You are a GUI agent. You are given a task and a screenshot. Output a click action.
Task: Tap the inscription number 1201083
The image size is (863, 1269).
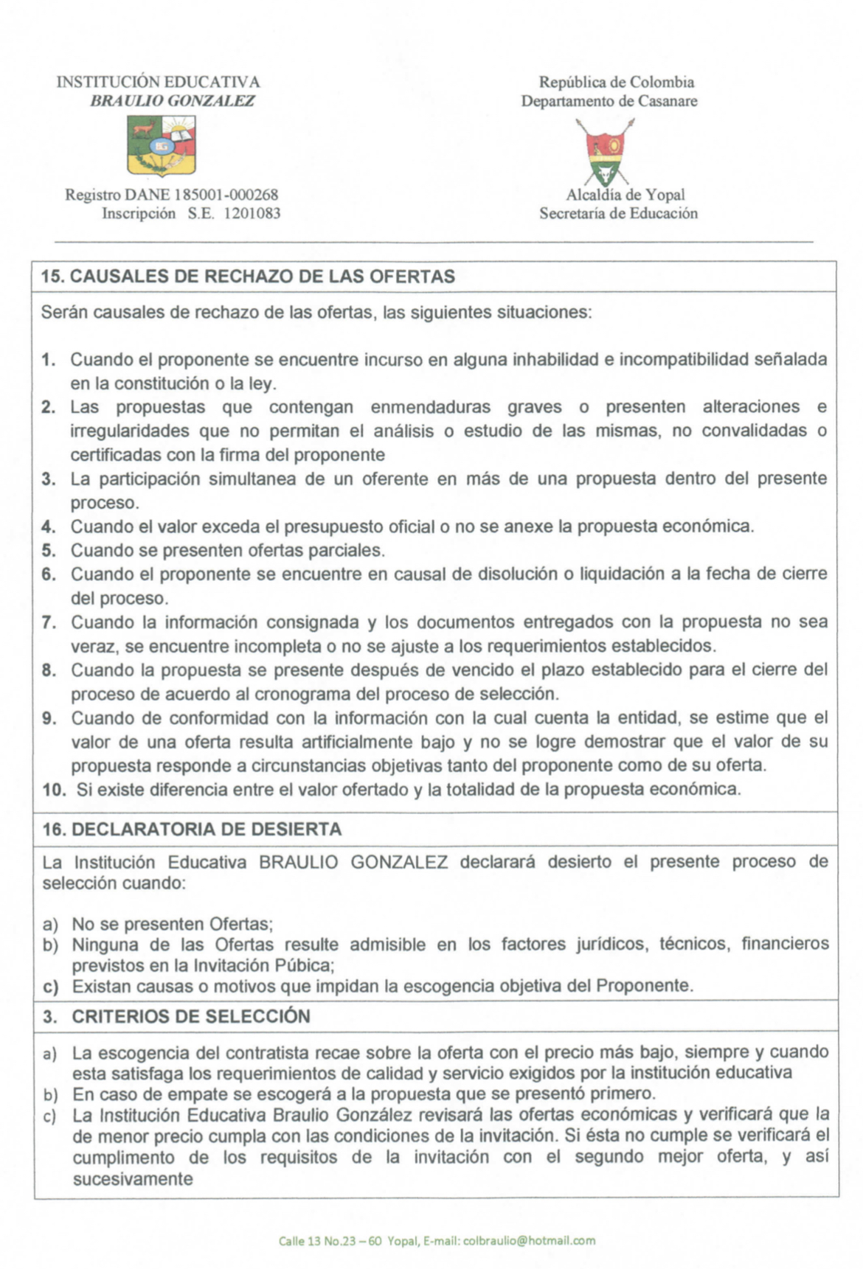tap(252, 214)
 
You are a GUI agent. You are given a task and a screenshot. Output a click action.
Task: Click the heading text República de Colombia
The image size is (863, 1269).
tap(617, 83)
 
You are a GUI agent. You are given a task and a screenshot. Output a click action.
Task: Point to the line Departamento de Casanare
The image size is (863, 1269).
tap(609, 101)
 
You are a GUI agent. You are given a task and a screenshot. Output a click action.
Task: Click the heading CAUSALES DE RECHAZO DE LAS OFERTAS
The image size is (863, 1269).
tap(263, 277)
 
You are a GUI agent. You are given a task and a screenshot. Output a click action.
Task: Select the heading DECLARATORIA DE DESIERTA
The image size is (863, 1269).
tap(207, 829)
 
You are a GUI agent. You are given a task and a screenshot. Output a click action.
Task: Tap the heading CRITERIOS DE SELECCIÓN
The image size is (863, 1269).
tap(190, 1016)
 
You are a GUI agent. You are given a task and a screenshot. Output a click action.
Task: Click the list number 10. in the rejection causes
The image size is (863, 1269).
tap(55, 790)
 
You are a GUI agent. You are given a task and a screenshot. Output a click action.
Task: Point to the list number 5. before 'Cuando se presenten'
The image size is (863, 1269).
tap(49, 551)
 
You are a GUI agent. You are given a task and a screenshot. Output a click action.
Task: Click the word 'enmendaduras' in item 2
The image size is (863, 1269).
tap(430, 407)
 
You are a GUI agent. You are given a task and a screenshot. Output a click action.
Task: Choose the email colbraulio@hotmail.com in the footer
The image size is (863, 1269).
tap(529, 1241)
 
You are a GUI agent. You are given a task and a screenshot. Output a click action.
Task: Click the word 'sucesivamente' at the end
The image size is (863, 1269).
tap(133, 1179)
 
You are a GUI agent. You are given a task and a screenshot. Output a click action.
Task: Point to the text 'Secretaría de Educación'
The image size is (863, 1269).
tap(618, 214)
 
